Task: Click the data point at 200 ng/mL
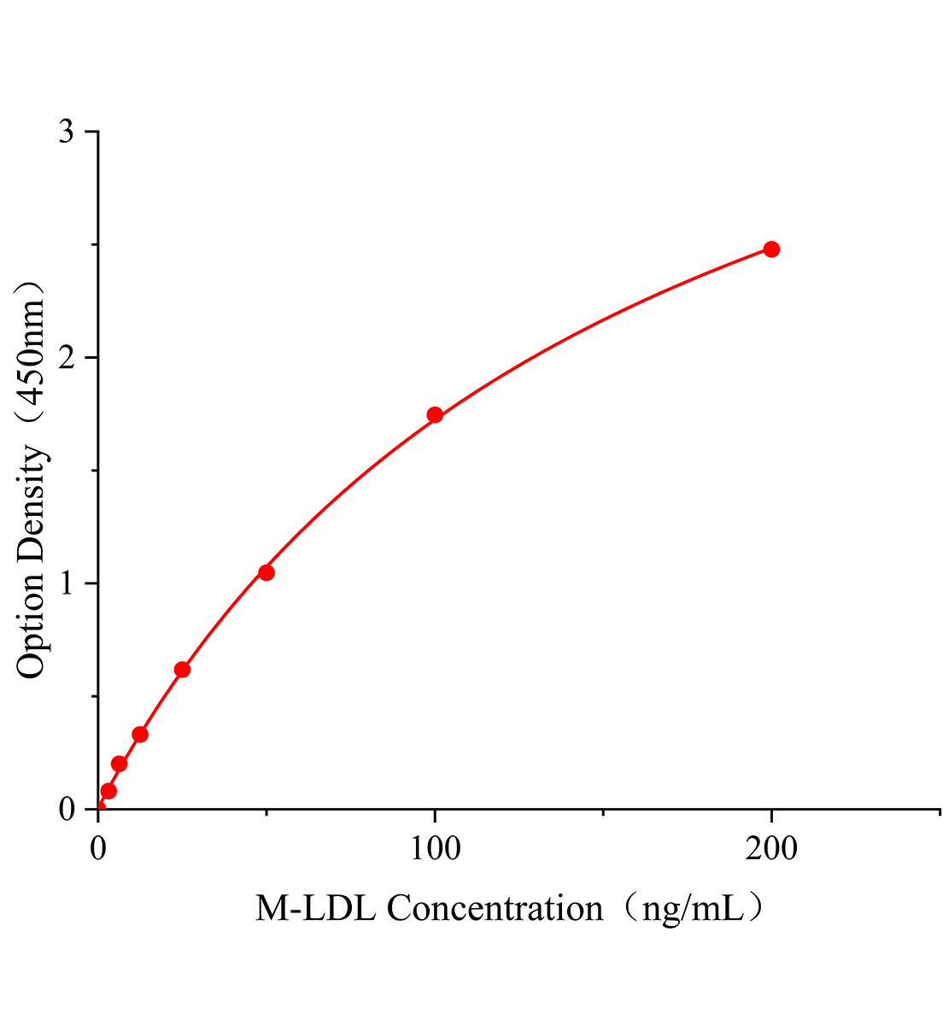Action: (x=771, y=249)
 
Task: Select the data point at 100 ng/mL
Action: (x=435, y=415)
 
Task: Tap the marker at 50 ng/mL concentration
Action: (x=266, y=572)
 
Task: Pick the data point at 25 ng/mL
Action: (x=182, y=670)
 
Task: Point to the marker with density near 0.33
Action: (x=140, y=735)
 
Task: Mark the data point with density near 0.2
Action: (x=120, y=764)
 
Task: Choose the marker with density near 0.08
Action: (x=108, y=791)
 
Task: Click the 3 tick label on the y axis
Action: (x=67, y=132)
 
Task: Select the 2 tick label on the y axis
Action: (x=67, y=358)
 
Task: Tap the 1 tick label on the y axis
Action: (x=67, y=584)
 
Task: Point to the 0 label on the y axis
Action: (x=67, y=810)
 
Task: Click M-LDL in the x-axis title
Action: (x=316, y=908)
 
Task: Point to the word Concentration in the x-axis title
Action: (x=495, y=908)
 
